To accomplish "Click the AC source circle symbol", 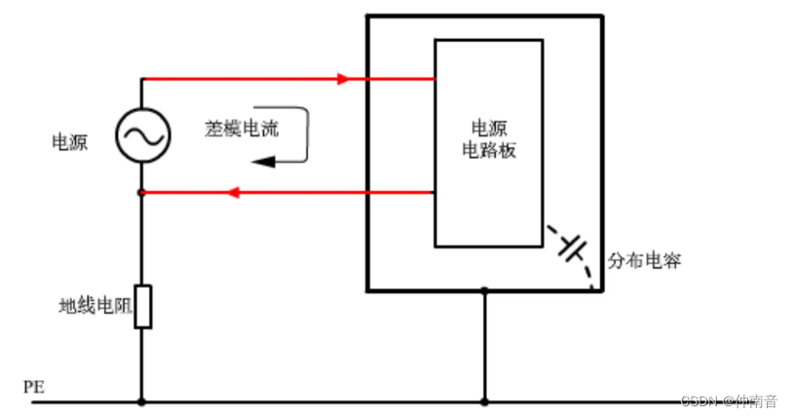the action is pos(142,134).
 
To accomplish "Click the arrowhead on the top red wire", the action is pos(343,79).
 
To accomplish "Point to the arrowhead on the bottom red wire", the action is pos(233,193).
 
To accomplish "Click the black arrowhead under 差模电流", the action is pos(267,162).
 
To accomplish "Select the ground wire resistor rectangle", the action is pos(142,306).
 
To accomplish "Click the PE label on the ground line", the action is pos(33,387).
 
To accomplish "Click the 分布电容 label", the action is pos(644,260).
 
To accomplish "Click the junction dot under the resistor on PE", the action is pos(142,401).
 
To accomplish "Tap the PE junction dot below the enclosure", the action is pos(484,401).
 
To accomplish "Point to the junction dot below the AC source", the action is pos(142,193).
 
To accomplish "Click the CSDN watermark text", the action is pos(729,400).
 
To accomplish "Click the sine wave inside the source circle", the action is pos(142,134).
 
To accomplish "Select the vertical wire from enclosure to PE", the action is pos(484,346).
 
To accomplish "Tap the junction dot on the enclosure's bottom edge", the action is pos(484,290).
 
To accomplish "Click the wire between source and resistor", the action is pos(142,239).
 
